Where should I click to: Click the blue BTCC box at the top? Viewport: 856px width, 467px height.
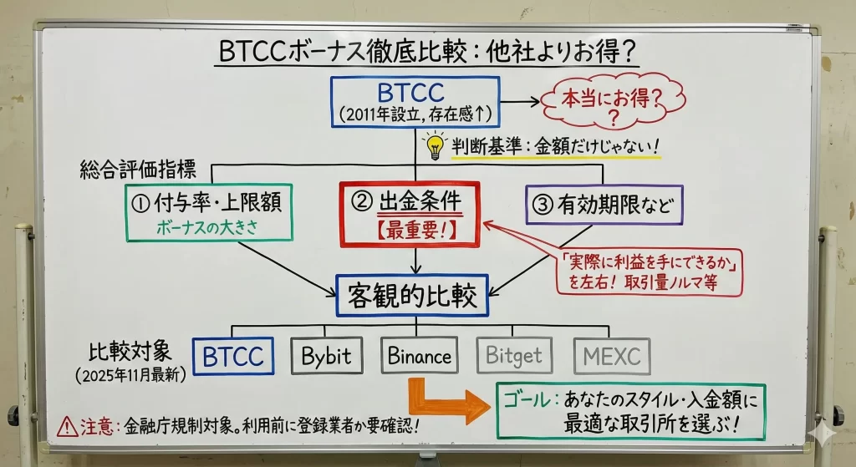(415, 102)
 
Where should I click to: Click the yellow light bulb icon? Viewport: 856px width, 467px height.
(434, 145)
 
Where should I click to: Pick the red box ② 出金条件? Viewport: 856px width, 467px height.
(410, 214)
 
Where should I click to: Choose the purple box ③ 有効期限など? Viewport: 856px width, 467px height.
(604, 203)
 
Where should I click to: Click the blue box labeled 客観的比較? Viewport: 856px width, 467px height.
(412, 295)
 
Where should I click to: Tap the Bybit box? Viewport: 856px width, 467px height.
(328, 356)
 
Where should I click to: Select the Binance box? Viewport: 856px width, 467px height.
(420, 356)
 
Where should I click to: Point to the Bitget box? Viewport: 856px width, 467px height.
(515, 356)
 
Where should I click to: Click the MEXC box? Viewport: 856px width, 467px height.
(612, 356)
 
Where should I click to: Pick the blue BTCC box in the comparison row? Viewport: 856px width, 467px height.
(233, 356)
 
